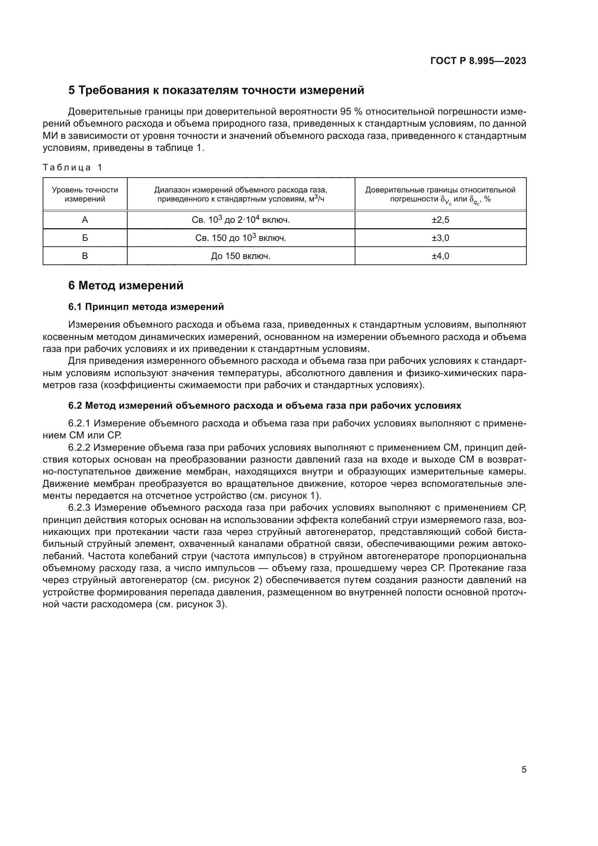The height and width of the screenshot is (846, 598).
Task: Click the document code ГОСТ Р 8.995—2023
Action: tap(478, 61)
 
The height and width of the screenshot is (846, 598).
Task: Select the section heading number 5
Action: tap(72, 90)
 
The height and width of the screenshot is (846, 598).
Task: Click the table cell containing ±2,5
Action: tap(440, 220)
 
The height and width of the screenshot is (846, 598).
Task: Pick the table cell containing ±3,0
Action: tap(440, 238)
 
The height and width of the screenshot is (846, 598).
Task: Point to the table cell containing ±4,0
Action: tap(440, 256)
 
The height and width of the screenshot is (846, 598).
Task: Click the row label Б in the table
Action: tap(85, 238)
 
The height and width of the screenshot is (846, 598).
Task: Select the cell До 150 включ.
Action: tap(240, 256)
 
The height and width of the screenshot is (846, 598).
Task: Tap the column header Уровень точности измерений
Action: tap(85, 195)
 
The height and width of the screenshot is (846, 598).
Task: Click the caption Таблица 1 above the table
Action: tap(72, 168)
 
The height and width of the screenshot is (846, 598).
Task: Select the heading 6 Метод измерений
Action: tap(125, 286)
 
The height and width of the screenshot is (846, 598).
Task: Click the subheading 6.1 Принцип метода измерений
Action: tap(146, 307)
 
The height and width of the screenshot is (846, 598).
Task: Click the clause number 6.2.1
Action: tap(79, 424)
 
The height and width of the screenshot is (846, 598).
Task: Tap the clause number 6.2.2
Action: tap(79, 448)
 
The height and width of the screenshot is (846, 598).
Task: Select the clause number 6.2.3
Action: tap(79, 508)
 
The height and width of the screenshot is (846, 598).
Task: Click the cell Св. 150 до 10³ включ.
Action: tap(240, 238)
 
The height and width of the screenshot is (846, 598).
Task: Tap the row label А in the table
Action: tap(85, 220)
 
